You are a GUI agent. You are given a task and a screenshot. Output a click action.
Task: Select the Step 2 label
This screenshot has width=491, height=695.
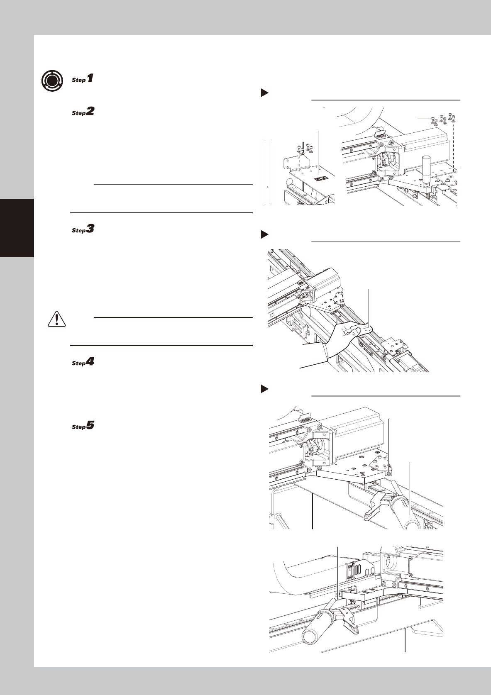83,111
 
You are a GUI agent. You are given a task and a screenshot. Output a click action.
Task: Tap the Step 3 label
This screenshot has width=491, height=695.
83,229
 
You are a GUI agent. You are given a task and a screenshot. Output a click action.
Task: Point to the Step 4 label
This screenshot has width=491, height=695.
83,362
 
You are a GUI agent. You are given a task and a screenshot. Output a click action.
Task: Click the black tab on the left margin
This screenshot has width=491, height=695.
17,228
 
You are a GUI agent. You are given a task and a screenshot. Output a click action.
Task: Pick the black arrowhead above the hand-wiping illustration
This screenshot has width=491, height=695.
264,234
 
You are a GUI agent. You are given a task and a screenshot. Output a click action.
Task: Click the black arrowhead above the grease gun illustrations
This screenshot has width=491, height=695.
264,389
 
